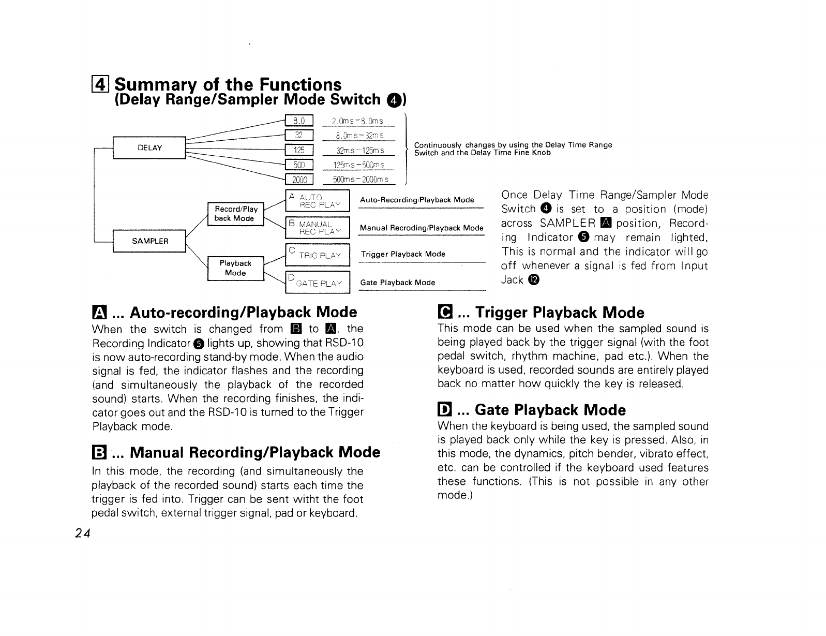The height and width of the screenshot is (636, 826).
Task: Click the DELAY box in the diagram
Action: (x=149, y=148)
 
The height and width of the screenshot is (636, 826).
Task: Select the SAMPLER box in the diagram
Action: (x=149, y=241)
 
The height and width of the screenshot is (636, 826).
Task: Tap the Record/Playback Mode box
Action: (x=235, y=214)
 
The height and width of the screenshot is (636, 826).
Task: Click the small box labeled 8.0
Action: (x=299, y=121)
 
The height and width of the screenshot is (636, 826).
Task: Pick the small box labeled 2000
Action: (x=299, y=180)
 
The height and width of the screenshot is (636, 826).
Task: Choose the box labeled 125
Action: (x=299, y=151)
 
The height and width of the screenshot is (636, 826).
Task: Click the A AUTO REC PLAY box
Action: (x=318, y=201)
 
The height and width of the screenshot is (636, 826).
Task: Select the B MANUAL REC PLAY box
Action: (x=318, y=228)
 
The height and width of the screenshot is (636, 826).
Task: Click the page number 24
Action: (x=82, y=534)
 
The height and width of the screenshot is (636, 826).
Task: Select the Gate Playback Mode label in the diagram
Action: (x=397, y=283)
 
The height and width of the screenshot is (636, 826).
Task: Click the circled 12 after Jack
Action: (x=534, y=280)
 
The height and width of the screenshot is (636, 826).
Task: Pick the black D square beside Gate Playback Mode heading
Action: (x=444, y=410)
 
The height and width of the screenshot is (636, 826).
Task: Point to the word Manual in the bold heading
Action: (x=157, y=453)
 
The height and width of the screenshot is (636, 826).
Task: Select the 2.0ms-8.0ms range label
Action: (x=358, y=121)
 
